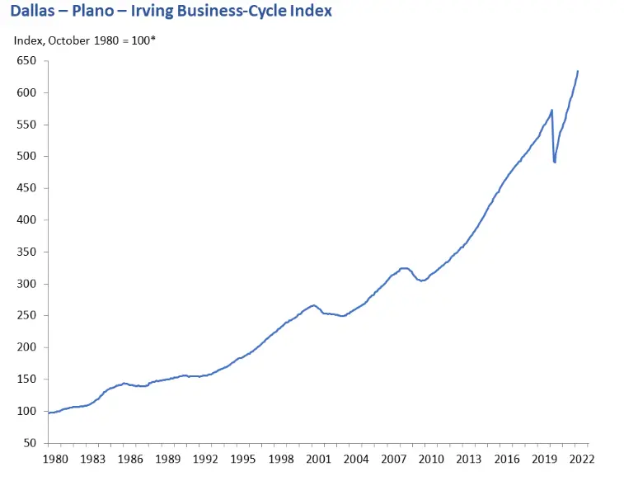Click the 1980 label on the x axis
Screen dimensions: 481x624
(x=54, y=459)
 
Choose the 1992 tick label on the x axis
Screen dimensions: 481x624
(x=206, y=459)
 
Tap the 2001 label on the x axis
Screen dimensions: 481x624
(x=319, y=459)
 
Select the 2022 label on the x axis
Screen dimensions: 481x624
(x=582, y=459)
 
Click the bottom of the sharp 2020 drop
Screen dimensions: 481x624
(x=555, y=163)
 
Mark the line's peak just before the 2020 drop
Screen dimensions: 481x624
(x=551, y=110)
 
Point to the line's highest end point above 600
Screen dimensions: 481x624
(x=578, y=71)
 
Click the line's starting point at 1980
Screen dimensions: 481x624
(x=49, y=413)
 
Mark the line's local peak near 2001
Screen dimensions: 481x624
(x=313, y=305)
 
